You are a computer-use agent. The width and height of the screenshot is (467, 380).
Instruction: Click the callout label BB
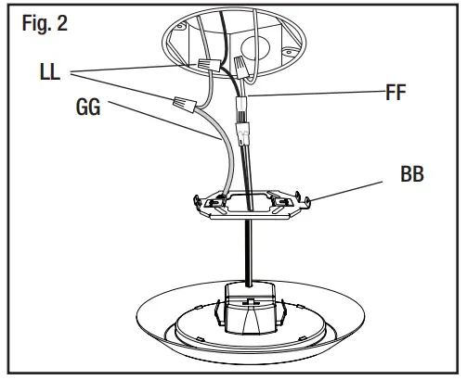[409, 173]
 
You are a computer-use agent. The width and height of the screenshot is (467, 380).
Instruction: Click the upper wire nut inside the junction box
[211, 63]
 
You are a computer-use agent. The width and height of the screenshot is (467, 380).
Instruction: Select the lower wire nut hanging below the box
[183, 104]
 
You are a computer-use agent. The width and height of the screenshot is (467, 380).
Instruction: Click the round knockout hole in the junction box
[282, 44]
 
